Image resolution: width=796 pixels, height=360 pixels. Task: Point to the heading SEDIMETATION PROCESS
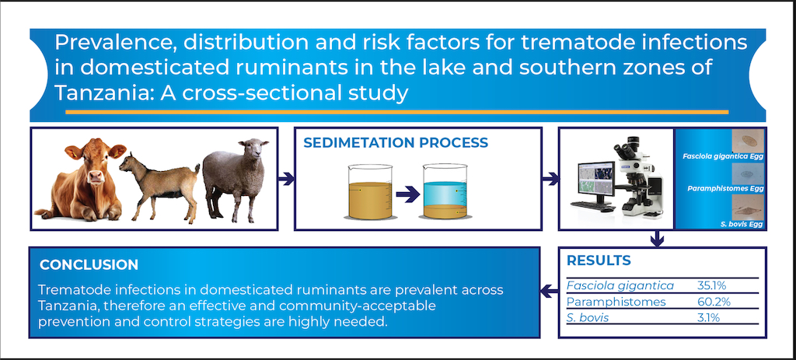pos(396,142)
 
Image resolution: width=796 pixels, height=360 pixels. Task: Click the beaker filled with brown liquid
pos(370,192)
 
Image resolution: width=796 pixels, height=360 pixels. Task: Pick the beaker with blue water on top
pos(445,191)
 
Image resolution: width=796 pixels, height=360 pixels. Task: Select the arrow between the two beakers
pos(407,194)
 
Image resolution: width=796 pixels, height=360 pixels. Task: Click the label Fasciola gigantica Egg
pos(724,157)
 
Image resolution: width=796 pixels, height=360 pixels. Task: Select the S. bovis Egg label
pos(742,224)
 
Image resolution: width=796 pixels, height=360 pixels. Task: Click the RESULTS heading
pos(599,260)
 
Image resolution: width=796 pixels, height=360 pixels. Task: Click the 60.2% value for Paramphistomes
pos(714,302)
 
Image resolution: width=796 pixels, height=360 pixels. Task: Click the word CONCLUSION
pos(89,264)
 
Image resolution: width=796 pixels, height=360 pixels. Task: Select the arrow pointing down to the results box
pos(658,239)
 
